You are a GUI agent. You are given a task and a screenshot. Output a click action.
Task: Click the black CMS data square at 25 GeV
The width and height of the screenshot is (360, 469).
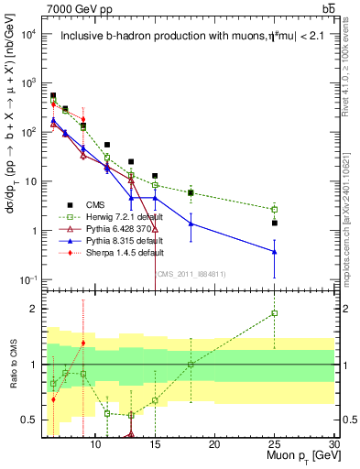pos(275,223)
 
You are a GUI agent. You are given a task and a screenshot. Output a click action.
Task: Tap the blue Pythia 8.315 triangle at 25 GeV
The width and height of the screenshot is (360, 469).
pos(275,252)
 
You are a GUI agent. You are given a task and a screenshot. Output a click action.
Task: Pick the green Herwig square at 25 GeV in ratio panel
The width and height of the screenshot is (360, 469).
pos(275,313)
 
